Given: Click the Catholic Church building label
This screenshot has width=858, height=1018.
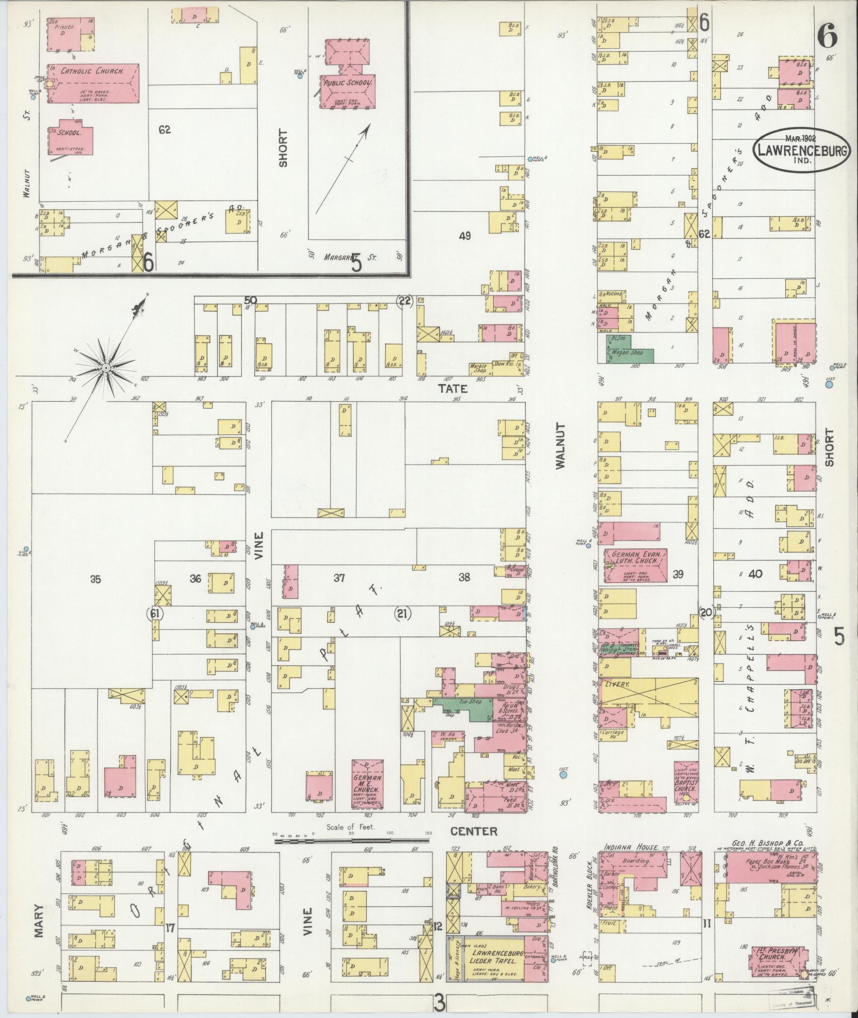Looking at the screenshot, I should pyautogui.click(x=92, y=71).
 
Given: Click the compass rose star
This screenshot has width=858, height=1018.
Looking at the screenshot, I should pyautogui.click(x=106, y=368).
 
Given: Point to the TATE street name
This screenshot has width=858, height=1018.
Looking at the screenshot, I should pyautogui.click(x=453, y=389).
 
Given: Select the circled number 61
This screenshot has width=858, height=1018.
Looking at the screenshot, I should pyautogui.click(x=154, y=614).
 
